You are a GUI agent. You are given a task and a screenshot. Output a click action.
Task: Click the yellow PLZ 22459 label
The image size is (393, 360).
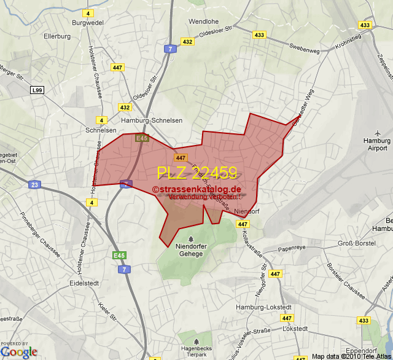point(197,173)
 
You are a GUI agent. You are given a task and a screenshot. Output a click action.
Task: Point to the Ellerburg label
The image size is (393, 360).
point(57,36)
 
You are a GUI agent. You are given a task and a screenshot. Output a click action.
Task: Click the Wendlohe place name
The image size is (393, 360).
point(203,22)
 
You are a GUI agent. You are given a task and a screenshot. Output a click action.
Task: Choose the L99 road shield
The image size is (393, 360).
point(37,90)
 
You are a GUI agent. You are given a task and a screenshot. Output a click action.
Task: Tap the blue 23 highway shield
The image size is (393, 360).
point(34,184)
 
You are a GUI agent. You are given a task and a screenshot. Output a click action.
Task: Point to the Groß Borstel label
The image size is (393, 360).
point(357,243)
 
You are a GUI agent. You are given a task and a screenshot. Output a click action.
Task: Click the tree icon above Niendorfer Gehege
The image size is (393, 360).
point(190,238)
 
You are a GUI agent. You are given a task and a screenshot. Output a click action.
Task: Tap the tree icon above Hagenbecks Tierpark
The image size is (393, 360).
point(196,341)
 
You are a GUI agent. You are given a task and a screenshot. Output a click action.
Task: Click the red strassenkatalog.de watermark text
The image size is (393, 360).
point(197,189)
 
